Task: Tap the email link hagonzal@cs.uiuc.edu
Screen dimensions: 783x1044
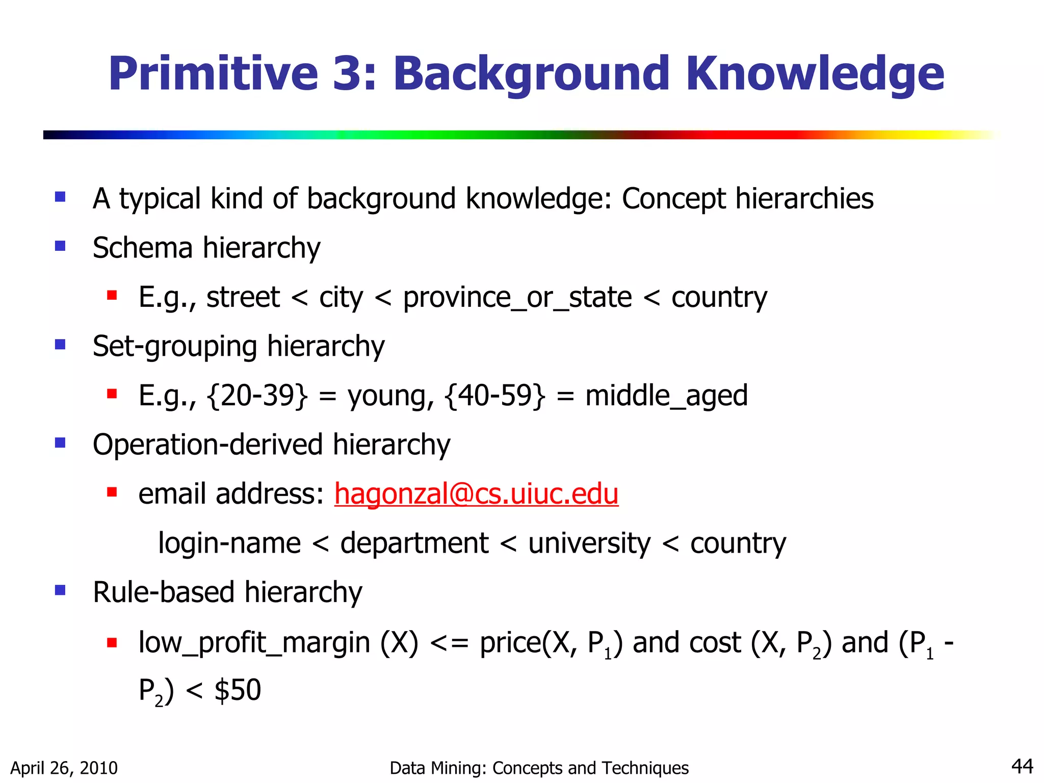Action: pos(476,493)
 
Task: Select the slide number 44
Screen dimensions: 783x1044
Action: pos(1022,766)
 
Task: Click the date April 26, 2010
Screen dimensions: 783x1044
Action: pos(64,768)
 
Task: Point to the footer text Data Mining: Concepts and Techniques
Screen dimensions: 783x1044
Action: pos(539,768)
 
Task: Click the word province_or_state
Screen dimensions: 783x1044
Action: pos(517,298)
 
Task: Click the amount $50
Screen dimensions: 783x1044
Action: pos(238,690)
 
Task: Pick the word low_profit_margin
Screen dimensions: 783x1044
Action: pos(254,643)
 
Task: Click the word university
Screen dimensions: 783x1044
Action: pos(589,543)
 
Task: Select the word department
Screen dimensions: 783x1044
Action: pos(414,543)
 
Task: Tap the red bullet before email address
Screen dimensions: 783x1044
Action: pos(112,492)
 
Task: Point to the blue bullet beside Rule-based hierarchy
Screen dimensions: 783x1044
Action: pos(60,590)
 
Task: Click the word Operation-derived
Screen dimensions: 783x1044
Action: pos(207,445)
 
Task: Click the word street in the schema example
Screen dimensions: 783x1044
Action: pos(243,298)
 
